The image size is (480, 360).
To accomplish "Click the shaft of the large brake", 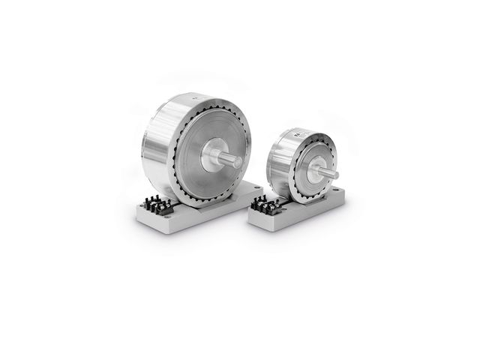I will (229, 160).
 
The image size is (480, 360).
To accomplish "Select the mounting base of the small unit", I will (300, 217).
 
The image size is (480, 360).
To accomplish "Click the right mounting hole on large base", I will (256, 187).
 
